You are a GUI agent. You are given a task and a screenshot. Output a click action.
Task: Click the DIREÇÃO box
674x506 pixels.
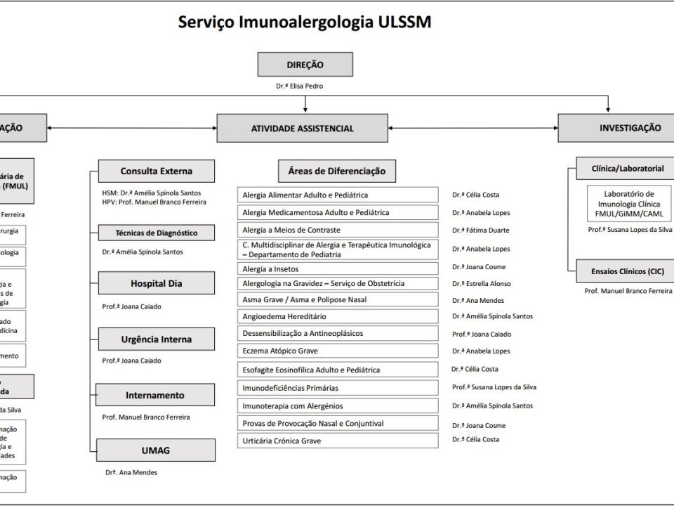tap(305, 65)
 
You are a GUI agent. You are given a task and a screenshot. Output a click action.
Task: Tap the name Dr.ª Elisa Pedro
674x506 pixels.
tap(300, 86)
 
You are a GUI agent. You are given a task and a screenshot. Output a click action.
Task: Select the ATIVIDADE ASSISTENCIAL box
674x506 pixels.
tap(302, 129)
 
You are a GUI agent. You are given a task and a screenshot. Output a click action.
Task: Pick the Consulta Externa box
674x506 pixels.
tap(156, 171)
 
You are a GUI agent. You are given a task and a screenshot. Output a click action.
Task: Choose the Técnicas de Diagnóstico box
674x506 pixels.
tap(156, 233)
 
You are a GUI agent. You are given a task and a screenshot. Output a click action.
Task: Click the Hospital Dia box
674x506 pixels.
tap(156, 283)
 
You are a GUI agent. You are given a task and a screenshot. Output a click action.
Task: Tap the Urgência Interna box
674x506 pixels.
tap(156, 339)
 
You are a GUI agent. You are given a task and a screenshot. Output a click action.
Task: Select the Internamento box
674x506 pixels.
tap(155, 395)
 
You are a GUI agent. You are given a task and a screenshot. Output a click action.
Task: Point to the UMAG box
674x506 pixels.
tap(155, 450)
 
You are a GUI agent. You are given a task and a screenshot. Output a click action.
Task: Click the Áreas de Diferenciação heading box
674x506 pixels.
tap(336, 171)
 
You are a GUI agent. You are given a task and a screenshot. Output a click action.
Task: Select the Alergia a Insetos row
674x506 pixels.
tap(338, 268)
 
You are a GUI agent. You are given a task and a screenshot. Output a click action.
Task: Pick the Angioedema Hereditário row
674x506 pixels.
tap(338, 316)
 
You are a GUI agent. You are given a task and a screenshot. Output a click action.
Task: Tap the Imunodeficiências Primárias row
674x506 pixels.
tap(338, 387)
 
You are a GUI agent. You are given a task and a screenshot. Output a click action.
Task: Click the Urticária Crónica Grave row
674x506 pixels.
tap(338, 441)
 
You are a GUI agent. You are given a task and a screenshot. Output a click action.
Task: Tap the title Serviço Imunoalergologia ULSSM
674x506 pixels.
tap(305, 22)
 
